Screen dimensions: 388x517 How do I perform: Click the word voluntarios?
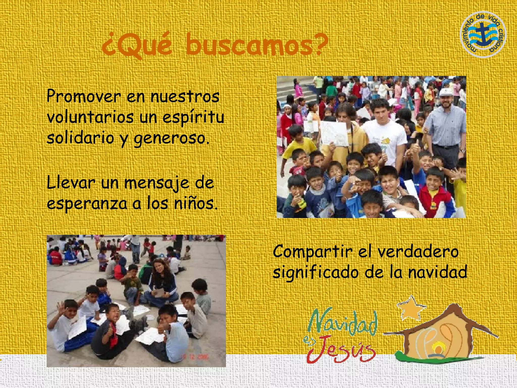(90, 117)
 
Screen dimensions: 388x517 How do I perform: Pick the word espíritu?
(193, 117)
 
